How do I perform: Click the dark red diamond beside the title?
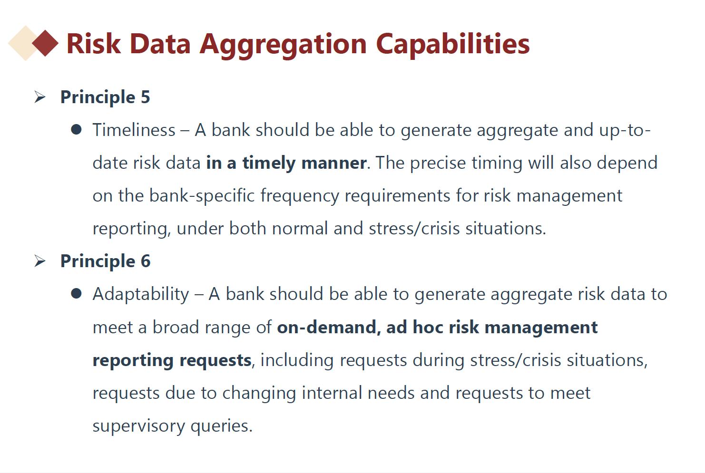tap(45, 43)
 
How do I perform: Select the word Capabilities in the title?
tap(452, 44)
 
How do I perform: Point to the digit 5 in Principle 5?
tap(145, 97)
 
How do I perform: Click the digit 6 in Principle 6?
tap(146, 261)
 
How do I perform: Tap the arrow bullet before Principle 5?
tap(40, 97)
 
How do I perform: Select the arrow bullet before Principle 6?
tap(40, 261)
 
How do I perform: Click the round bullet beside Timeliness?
tap(77, 129)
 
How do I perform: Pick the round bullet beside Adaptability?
tap(77, 293)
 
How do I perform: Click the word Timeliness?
tap(134, 130)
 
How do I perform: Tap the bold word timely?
tap(269, 164)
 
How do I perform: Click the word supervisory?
tap(139, 426)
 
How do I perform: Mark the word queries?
tap(222, 426)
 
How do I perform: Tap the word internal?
tap(332, 393)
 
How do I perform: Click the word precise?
tap(438, 164)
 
